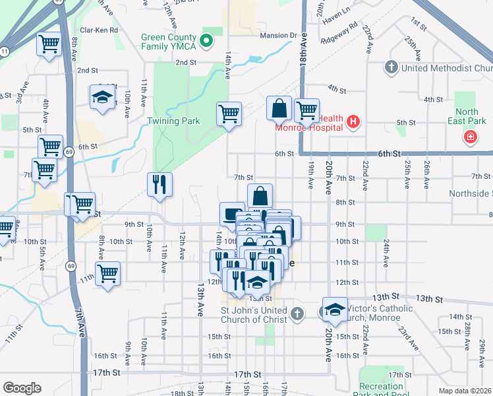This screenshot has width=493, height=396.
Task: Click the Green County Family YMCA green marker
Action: [x=206, y=41]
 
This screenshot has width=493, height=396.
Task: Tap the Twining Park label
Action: [x=173, y=121]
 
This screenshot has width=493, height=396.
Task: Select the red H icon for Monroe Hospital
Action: [x=353, y=121]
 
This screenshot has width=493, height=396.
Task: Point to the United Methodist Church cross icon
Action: [x=391, y=67]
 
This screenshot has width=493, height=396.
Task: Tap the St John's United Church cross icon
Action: [x=297, y=313]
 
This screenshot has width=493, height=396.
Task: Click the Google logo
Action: [x=22, y=388]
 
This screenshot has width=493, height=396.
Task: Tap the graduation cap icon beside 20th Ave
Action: [x=335, y=310]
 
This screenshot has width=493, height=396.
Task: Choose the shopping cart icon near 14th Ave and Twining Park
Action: [x=229, y=113]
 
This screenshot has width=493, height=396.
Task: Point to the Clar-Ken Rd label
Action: [x=98, y=30]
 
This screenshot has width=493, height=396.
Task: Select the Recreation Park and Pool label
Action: [x=382, y=390]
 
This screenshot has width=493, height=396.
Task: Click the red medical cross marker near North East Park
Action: [x=471, y=138]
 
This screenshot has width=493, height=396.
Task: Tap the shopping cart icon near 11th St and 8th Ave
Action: [x=107, y=272]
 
